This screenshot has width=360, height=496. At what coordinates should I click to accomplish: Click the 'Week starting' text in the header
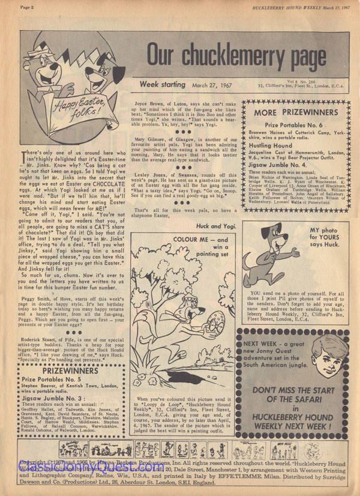(x=165, y=85)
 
